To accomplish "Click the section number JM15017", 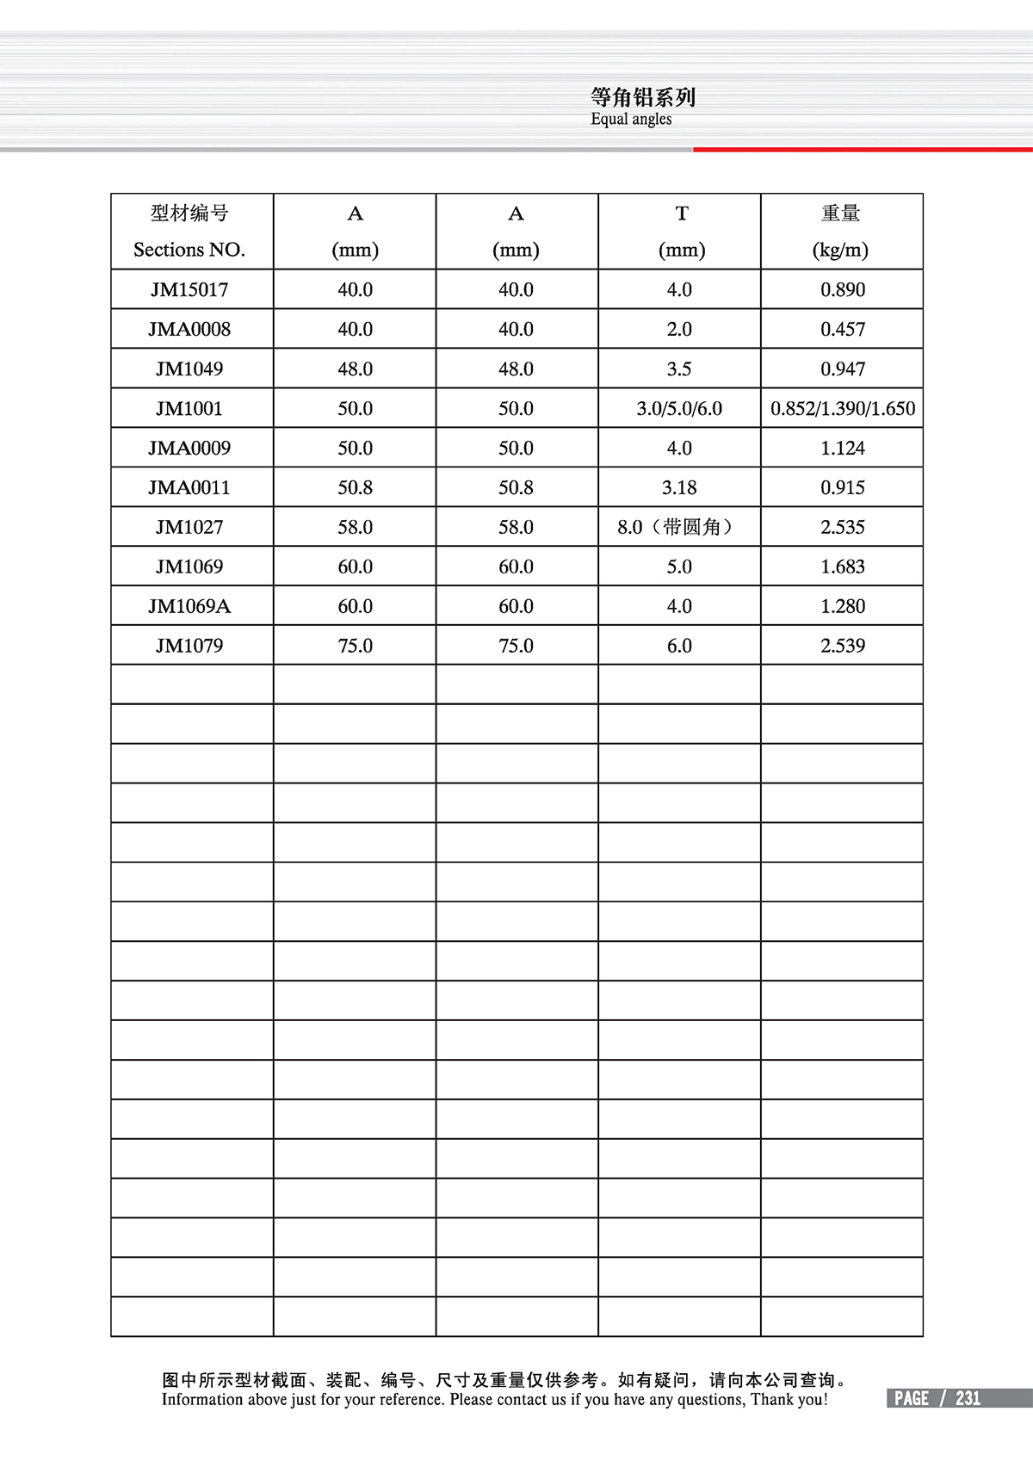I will (189, 290).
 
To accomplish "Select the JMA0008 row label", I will (189, 330).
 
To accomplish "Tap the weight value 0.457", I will (842, 330).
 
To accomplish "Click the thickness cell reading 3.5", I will (679, 369).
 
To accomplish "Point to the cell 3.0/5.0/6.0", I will (679, 409).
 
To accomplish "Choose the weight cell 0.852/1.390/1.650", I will (842, 409).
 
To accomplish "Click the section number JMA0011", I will (189, 488).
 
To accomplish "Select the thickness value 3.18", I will (679, 488).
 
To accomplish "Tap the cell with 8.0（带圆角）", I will (679, 527).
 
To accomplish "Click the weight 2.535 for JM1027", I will (842, 527).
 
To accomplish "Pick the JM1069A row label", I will (189, 606).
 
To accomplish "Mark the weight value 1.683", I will (842, 566).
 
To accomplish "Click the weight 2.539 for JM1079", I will (842, 646).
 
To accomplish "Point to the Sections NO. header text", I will (189, 250).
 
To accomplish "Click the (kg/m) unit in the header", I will (840, 250).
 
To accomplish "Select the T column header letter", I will (682, 214).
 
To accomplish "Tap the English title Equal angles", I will (631, 120).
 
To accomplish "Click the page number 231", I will (968, 1398).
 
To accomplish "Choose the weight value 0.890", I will (842, 290).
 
